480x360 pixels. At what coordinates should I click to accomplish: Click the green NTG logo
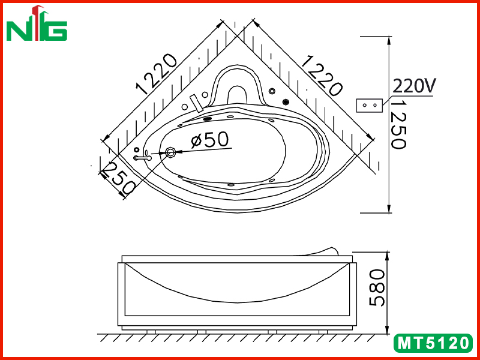click(x=37, y=23)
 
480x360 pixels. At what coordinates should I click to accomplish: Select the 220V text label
click(x=414, y=86)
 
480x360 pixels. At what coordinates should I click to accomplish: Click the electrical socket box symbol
click(x=370, y=106)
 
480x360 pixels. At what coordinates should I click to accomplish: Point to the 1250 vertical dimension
click(x=399, y=125)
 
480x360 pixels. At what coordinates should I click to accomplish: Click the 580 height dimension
click(x=377, y=287)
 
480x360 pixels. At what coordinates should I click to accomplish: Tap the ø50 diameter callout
click(x=209, y=140)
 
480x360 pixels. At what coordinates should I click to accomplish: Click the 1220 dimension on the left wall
click(x=157, y=74)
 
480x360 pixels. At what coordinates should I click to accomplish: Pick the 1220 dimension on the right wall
click(x=322, y=76)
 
